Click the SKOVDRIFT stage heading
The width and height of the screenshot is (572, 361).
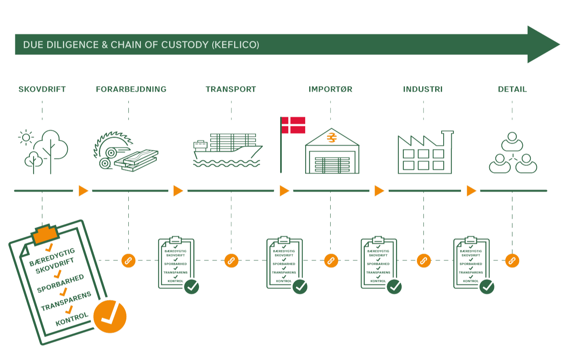(x=42, y=89)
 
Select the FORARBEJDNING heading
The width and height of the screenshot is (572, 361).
(x=131, y=89)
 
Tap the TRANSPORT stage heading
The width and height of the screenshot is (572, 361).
(x=230, y=89)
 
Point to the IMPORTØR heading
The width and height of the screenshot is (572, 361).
(x=330, y=89)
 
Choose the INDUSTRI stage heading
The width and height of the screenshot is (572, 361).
(x=423, y=89)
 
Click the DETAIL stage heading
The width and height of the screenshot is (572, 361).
(x=512, y=89)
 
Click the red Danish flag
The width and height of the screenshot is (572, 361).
(x=293, y=125)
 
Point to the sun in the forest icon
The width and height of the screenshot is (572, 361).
(x=26, y=138)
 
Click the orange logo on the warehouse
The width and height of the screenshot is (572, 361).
(x=332, y=138)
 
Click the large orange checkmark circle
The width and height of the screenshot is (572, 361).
(x=110, y=316)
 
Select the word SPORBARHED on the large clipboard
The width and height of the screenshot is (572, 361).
(x=60, y=284)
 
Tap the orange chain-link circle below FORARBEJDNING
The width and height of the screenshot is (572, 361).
(x=128, y=261)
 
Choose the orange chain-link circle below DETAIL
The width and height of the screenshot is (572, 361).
(x=512, y=261)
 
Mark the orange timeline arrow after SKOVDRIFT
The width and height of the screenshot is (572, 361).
(x=83, y=190)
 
